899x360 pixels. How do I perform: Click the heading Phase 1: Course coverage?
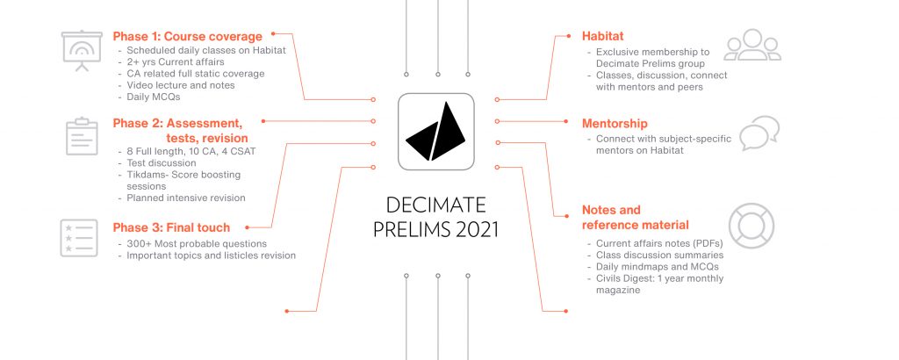[188, 37]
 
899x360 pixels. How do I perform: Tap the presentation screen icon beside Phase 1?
[82, 51]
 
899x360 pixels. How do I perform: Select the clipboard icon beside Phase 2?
[82, 136]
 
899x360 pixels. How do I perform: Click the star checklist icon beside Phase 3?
[78, 238]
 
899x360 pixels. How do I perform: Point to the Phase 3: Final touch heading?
[171, 227]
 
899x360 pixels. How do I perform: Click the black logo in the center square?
[435, 132]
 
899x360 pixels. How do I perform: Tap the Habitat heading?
[602, 36]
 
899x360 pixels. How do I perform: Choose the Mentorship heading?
[615, 124]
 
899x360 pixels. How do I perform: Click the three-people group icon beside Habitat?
[752, 45]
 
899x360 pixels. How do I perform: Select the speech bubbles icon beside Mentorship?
[759, 133]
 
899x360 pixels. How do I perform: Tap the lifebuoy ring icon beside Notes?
[752, 226]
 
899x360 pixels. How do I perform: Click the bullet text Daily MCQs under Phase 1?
[154, 97]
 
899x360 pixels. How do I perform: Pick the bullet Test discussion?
[162, 163]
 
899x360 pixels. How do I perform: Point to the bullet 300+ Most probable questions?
[197, 244]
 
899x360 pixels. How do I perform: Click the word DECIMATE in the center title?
[435, 205]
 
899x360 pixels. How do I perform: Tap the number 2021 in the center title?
[477, 229]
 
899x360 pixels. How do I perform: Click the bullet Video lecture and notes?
[181, 85]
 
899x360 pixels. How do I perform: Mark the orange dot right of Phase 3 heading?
[247, 227]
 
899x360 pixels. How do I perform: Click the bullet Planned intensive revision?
[186, 198]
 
